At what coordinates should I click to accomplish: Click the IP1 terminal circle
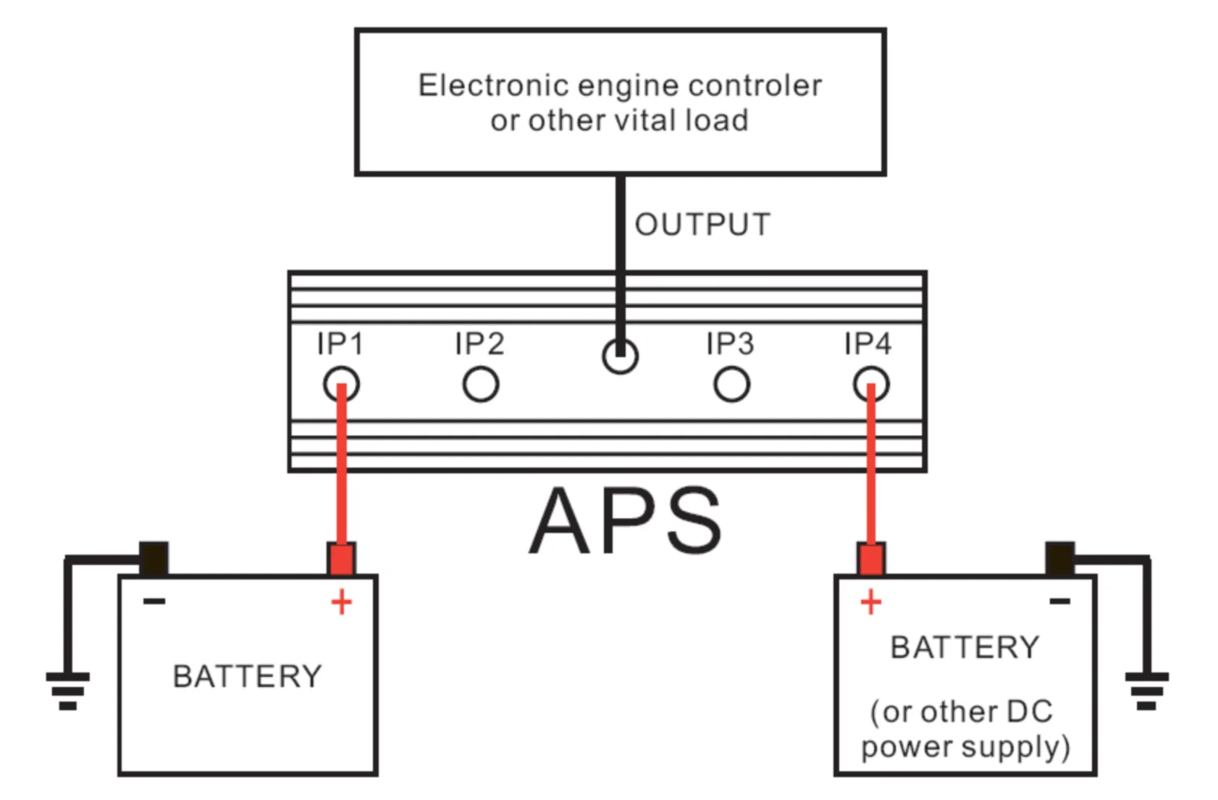(x=341, y=384)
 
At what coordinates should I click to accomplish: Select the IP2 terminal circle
(x=481, y=384)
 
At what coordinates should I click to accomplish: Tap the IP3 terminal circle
(x=731, y=384)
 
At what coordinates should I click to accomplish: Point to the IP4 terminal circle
(x=871, y=384)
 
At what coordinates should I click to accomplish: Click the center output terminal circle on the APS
(x=620, y=356)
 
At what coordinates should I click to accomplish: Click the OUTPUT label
(x=702, y=225)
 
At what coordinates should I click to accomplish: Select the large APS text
(x=626, y=521)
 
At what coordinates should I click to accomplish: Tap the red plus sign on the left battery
(x=341, y=602)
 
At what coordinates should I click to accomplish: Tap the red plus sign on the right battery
(x=871, y=602)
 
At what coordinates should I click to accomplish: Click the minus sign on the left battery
(x=154, y=601)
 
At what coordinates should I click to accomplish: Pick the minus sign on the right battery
(x=1059, y=601)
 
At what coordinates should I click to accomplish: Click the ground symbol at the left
(x=68, y=689)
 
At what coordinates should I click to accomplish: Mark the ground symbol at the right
(x=1146, y=689)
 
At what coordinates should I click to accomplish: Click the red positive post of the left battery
(x=341, y=559)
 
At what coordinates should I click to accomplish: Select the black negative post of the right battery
(x=1059, y=559)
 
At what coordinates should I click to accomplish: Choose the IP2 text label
(x=479, y=343)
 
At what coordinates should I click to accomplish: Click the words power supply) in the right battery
(x=965, y=746)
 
